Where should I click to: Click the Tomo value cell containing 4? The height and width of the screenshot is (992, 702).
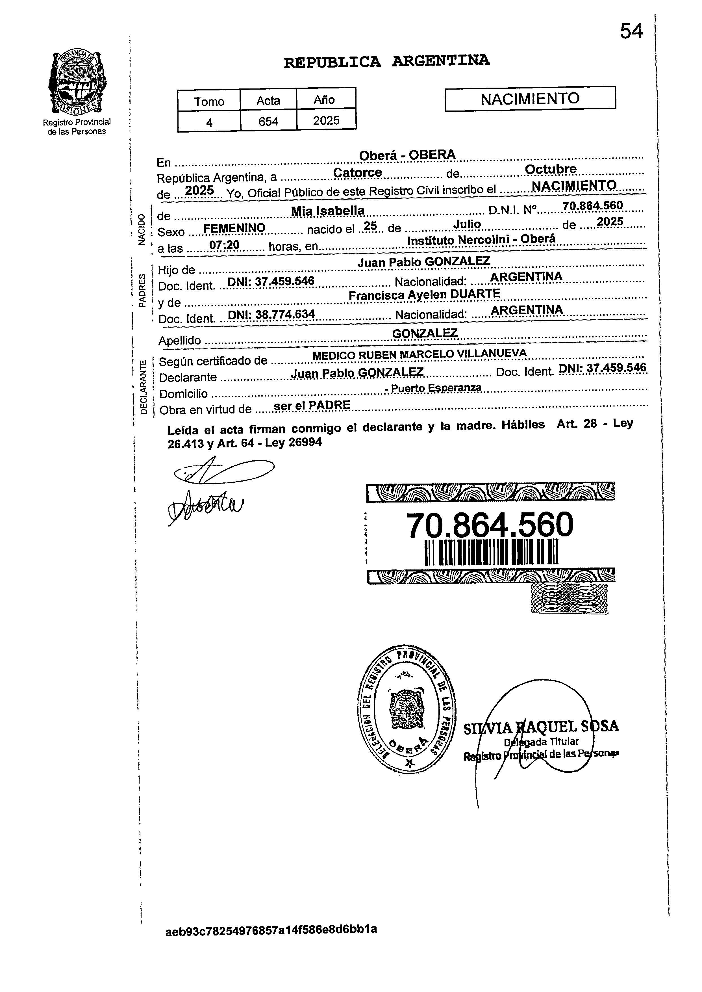click(209, 122)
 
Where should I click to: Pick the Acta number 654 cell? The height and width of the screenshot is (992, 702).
click(268, 122)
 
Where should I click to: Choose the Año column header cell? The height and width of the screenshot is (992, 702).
click(325, 100)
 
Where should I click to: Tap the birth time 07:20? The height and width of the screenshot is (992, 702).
click(224, 245)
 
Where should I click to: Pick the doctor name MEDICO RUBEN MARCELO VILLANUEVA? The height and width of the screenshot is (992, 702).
click(419, 354)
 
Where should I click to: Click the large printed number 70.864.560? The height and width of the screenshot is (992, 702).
click(490, 525)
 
